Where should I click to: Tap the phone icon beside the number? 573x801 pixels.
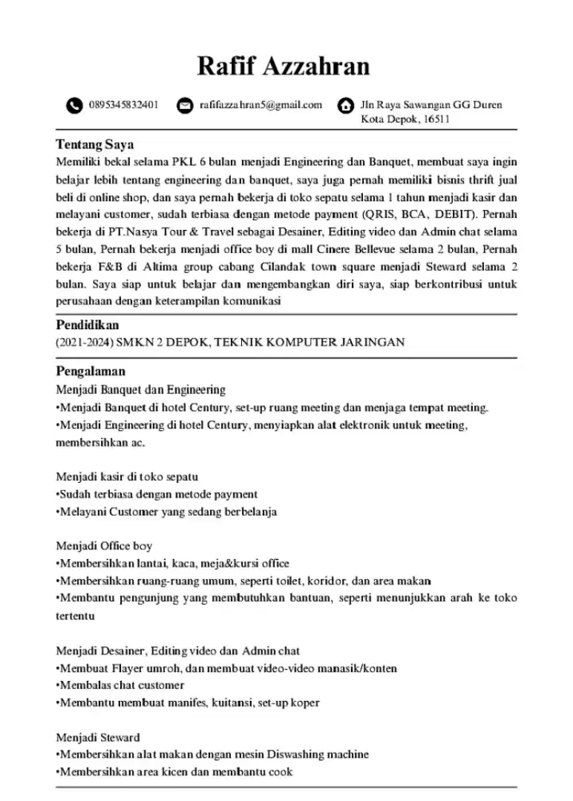coord(75,106)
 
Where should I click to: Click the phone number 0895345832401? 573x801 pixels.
coord(123,105)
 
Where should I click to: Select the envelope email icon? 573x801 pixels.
coord(185,106)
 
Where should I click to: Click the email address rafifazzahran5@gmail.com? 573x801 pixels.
coord(260,105)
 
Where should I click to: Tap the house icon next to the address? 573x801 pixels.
coord(345,106)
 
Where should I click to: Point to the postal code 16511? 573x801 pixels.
coord(436,120)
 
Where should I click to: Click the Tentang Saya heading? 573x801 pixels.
coord(94,145)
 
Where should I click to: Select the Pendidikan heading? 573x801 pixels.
coord(87,326)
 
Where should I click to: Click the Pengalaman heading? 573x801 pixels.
coord(90,372)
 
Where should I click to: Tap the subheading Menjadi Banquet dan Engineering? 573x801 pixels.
coord(140,390)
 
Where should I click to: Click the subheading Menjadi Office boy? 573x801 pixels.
coord(103,545)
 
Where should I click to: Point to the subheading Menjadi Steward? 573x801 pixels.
coord(98,737)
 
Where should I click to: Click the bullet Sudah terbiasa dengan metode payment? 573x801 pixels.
coord(158,494)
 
